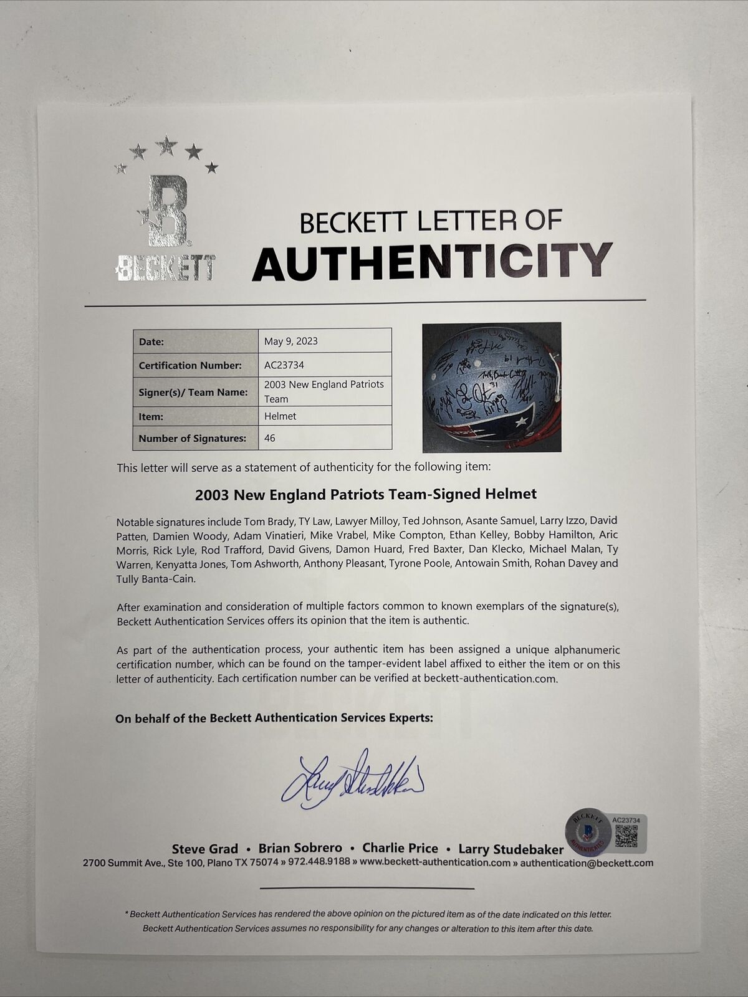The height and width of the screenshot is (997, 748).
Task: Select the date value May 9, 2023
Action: (x=290, y=341)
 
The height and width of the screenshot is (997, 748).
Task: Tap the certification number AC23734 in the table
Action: (x=284, y=365)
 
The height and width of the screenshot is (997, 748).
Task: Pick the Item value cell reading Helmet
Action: (x=279, y=416)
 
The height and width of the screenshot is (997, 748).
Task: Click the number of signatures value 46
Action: (x=270, y=438)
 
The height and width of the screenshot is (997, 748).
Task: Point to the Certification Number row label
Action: (x=189, y=365)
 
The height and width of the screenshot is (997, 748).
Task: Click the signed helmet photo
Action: (x=491, y=387)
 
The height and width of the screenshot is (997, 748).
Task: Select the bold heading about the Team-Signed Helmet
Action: (x=365, y=494)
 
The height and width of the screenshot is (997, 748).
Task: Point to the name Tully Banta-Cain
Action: (x=156, y=578)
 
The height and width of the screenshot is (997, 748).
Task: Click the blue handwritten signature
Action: (x=352, y=779)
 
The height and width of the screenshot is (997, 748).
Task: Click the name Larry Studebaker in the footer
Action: (x=511, y=849)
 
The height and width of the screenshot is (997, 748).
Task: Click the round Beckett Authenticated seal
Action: (x=587, y=831)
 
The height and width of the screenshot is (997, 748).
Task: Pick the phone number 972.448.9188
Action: (x=320, y=863)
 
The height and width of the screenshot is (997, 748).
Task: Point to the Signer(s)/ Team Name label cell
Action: (x=193, y=392)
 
